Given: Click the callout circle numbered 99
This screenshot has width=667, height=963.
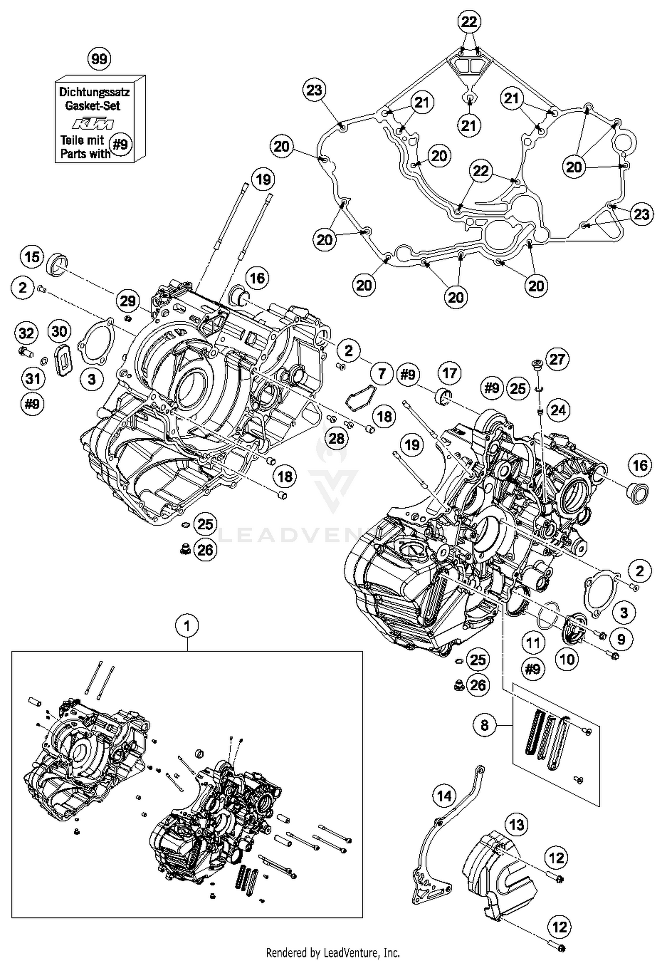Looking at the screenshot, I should click(x=99, y=59).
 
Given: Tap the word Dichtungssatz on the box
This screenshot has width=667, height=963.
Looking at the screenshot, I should click(x=94, y=92).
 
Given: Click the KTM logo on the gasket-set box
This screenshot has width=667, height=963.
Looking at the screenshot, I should click(x=93, y=123).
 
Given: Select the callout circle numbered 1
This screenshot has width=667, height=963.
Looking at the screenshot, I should click(x=187, y=626).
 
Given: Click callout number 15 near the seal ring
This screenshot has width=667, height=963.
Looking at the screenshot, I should click(x=32, y=257).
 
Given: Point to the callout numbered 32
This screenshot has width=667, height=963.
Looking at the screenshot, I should click(x=27, y=333).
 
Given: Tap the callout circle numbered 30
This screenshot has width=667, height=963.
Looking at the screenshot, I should click(x=60, y=331).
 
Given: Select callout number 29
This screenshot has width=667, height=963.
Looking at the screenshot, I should click(x=128, y=301).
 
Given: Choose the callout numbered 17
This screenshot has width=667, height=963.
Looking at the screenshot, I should click(x=450, y=373).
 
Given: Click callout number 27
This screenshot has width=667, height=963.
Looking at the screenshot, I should click(x=557, y=359).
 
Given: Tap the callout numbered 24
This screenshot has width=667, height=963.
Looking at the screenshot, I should click(x=558, y=409).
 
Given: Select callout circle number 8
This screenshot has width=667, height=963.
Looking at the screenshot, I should click(x=485, y=725).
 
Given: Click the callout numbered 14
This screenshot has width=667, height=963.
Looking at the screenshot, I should click(x=445, y=796).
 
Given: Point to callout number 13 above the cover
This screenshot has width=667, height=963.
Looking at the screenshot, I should click(x=517, y=825).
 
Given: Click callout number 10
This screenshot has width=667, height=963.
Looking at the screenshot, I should click(x=567, y=659).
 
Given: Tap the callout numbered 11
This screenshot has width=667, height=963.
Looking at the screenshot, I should click(x=533, y=643).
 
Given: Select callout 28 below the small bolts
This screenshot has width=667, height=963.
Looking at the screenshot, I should click(x=337, y=439).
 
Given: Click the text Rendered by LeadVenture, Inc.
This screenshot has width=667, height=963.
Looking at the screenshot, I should click(x=333, y=953).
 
